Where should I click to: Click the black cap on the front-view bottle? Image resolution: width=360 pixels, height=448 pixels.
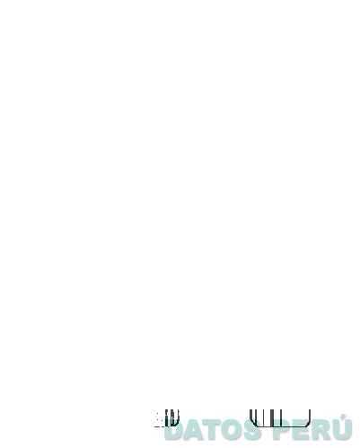coord(117,157)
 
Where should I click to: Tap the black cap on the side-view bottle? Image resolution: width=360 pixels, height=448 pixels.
coord(277,156)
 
